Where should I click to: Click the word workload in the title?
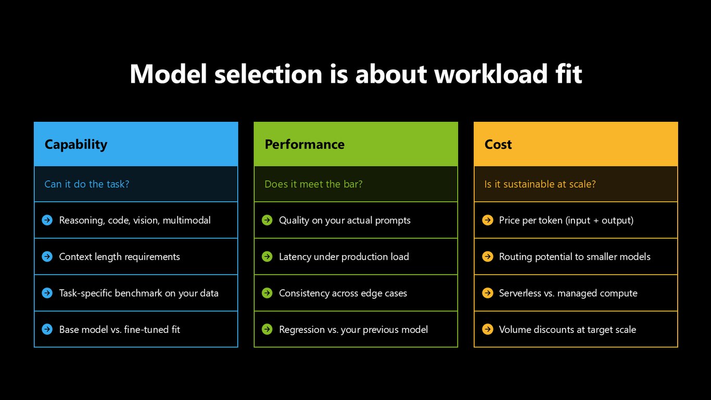pos(491,74)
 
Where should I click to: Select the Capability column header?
pos(76,145)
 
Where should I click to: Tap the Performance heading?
pos(304,144)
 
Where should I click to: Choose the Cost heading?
pos(498,144)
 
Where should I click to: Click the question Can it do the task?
pos(86,184)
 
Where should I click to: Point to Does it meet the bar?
pos(313,184)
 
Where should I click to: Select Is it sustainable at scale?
pos(540,184)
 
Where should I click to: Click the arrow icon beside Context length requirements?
pos(47,256)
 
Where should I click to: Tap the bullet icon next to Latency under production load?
pos(267,256)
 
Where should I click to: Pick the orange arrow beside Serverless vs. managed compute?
pos(488,293)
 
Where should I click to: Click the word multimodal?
pos(187,220)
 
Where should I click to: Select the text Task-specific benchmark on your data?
pos(138,293)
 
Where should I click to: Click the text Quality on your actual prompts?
pos(345,220)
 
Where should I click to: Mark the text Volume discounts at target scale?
pos(567,330)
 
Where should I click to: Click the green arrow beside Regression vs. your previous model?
pos(267,329)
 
